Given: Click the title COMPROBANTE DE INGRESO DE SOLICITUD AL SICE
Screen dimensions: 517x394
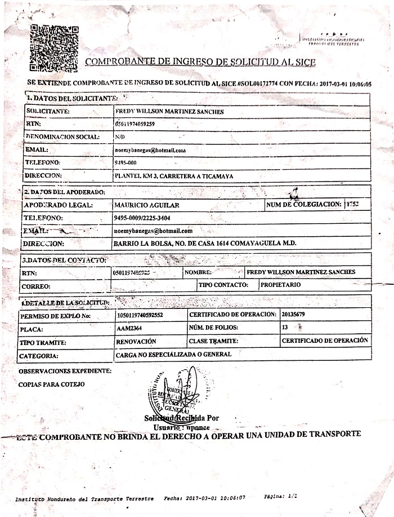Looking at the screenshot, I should tap(200, 62).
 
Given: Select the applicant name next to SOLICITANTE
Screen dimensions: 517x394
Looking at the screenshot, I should tap(169, 112).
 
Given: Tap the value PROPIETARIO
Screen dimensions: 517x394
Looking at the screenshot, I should tap(280, 285).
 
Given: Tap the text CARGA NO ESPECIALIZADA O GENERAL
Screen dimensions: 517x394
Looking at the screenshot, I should tap(173, 355).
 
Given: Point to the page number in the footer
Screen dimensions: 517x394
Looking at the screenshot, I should tap(281, 497).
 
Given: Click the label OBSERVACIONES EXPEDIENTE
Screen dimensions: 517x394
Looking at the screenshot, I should tap(65, 371).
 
